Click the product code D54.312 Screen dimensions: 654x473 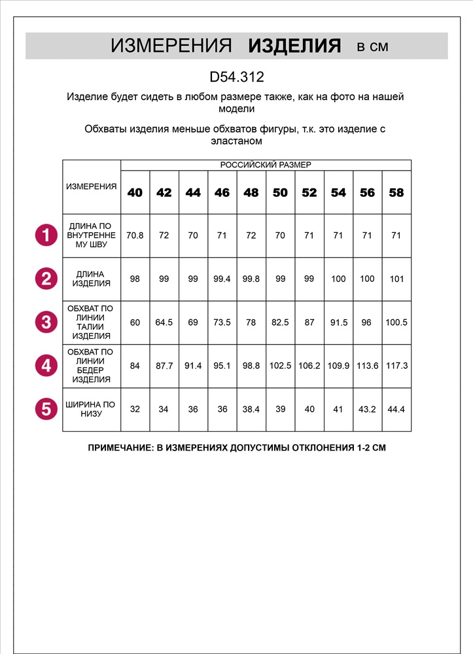coord(236,77)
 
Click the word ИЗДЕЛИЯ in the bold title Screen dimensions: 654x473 coord(294,46)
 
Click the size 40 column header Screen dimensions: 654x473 coord(135,193)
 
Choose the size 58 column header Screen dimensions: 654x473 coord(396,193)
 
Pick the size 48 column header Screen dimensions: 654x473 coord(251,193)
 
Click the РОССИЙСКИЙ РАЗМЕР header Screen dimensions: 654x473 coord(266,165)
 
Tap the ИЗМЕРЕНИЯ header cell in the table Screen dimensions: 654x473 coord(92,186)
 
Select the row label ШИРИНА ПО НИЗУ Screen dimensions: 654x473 coord(92,409)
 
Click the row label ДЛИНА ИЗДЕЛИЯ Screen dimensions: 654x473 coord(92,279)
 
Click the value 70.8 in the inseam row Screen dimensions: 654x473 coord(135,235)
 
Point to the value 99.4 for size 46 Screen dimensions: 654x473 coord(222,279)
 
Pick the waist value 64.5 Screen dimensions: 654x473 coord(164,322)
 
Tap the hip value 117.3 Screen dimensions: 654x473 coord(396,366)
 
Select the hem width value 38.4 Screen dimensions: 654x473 coord(251,409)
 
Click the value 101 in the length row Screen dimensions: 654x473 coord(396,279)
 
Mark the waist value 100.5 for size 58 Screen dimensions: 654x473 coord(396,322)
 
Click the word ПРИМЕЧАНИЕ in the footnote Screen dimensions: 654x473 coord(120,449)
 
